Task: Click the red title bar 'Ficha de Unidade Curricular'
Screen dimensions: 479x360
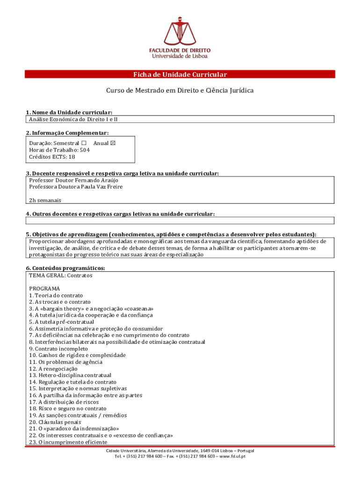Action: point(180,74)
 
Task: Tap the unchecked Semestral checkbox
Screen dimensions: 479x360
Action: point(84,143)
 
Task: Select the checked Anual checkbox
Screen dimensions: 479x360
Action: point(112,143)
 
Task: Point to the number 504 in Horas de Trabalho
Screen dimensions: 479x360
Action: point(85,150)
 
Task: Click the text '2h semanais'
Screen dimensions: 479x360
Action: point(45,200)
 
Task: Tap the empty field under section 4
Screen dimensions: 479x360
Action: point(180,221)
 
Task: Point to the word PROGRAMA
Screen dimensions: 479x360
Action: point(44,289)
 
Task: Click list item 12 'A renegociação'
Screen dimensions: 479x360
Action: point(53,369)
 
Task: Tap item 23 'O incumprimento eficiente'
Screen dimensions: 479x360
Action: point(68,442)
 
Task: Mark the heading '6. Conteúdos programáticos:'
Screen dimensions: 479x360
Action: point(65,268)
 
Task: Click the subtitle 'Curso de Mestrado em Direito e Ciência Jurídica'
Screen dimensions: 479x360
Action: point(180,90)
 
